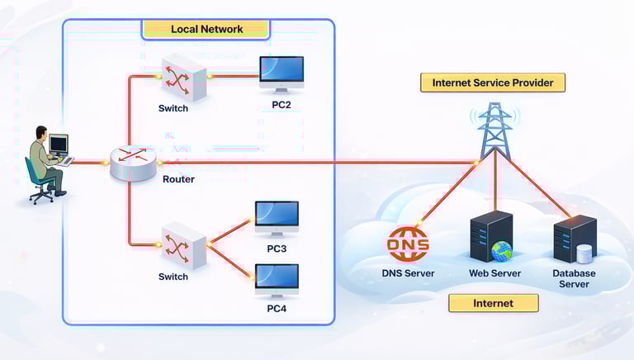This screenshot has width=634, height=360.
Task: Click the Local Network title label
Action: coord(206,29)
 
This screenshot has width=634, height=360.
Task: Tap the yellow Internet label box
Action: coord(493,303)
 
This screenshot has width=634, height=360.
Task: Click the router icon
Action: coord(133,162)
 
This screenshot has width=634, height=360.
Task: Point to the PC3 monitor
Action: coord(277,219)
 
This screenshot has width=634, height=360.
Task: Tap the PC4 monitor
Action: coord(277,281)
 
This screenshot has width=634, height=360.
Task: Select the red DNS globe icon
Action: coord(408,244)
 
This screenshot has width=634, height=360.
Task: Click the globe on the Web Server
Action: coord(502,250)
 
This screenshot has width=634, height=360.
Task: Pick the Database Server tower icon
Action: coord(575,239)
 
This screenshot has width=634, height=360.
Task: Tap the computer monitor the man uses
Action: coord(59,145)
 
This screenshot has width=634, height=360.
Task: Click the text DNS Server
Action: coord(408,273)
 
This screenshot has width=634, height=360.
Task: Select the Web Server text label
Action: coord(494,273)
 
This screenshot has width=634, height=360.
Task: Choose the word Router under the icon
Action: coord(177,178)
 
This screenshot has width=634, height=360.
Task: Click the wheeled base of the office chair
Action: coord(41,196)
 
